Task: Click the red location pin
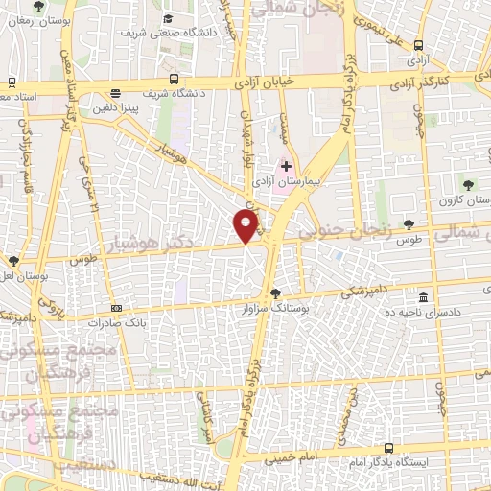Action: click(x=246, y=225)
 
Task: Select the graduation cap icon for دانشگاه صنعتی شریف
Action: click(x=168, y=18)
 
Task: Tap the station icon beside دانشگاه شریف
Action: click(x=173, y=79)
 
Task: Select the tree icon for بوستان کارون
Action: click(x=468, y=184)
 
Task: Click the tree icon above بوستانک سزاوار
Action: click(x=276, y=293)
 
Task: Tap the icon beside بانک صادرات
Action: click(x=116, y=308)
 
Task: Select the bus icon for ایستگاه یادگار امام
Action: click(x=387, y=448)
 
